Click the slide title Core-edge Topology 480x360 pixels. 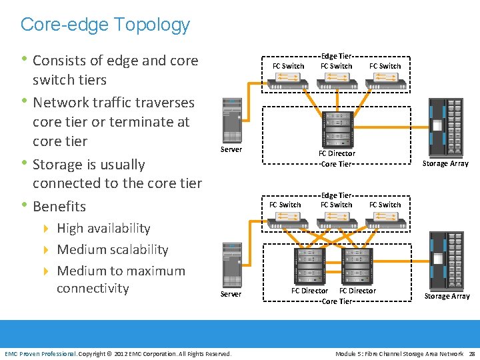point(105,25)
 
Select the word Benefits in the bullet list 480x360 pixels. point(59,206)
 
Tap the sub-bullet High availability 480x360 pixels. point(103,228)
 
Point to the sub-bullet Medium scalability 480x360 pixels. point(112,249)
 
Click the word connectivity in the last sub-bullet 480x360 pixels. point(93,288)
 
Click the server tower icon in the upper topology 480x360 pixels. point(231,119)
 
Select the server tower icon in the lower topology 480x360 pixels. point(231,265)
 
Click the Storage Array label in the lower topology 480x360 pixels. point(447,296)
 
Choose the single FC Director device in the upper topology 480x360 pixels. point(337,128)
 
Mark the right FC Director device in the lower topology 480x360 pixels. point(357,265)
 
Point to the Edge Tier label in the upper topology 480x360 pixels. point(337,57)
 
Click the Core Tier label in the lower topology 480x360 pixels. point(337,301)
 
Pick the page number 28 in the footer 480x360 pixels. point(471,353)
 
